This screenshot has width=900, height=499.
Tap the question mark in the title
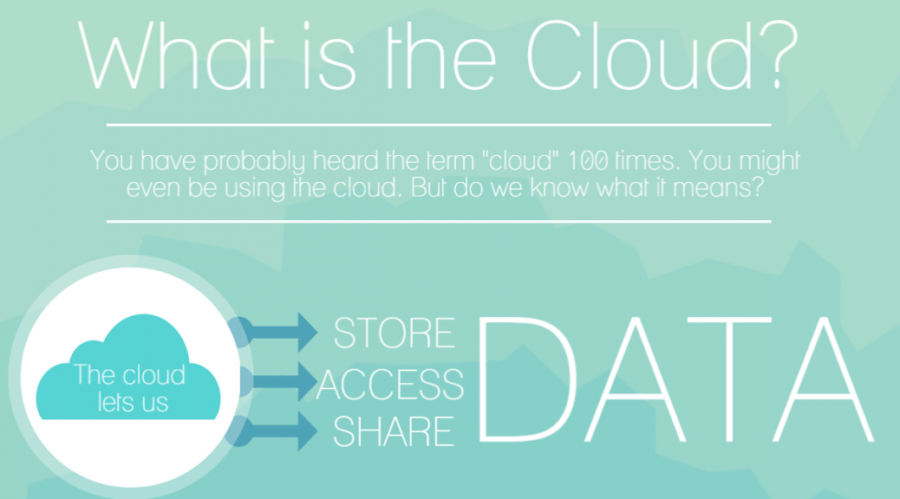pyautogui.click(x=779, y=55)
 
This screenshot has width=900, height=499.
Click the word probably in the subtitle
pyautogui.click(x=254, y=161)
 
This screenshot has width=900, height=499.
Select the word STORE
pyautogui.click(x=395, y=333)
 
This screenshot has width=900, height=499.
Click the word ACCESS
pyautogui.click(x=390, y=384)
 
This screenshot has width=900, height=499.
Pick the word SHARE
pyautogui.click(x=394, y=431)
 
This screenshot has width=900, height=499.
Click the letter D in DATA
pyautogui.click(x=526, y=379)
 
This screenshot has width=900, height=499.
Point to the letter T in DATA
pyautogui.click(x=729, y=379)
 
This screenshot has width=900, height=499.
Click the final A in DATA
pyautogui.click(x=824, y=379)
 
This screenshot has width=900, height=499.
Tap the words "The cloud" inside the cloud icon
pyautogui.click(x=129, y=374)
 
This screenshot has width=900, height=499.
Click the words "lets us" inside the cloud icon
pyautogui.click(x=133, y=401)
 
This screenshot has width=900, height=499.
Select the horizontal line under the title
pyautogui.click(x=439, y=125)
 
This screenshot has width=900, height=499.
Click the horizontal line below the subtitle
pyautogui.click(x=439, y=221)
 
